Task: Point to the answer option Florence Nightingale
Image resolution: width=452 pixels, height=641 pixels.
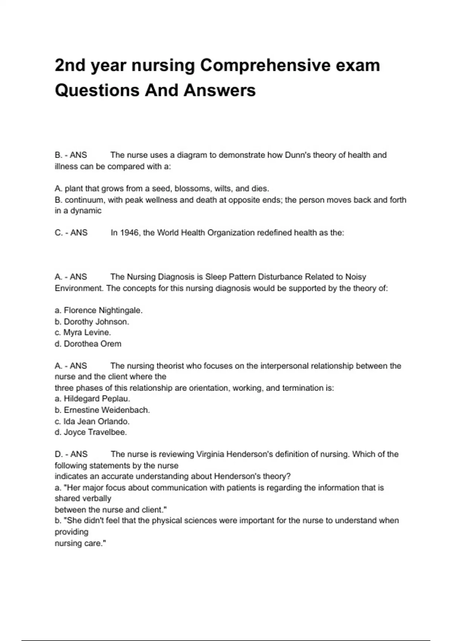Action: [x=99, y=310]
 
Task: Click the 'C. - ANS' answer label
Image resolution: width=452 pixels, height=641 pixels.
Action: [x=71, y=233]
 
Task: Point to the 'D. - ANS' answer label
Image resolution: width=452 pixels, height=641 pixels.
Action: [x=71, y=454]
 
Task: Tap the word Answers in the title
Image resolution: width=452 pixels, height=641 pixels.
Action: [x=220, y=90]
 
